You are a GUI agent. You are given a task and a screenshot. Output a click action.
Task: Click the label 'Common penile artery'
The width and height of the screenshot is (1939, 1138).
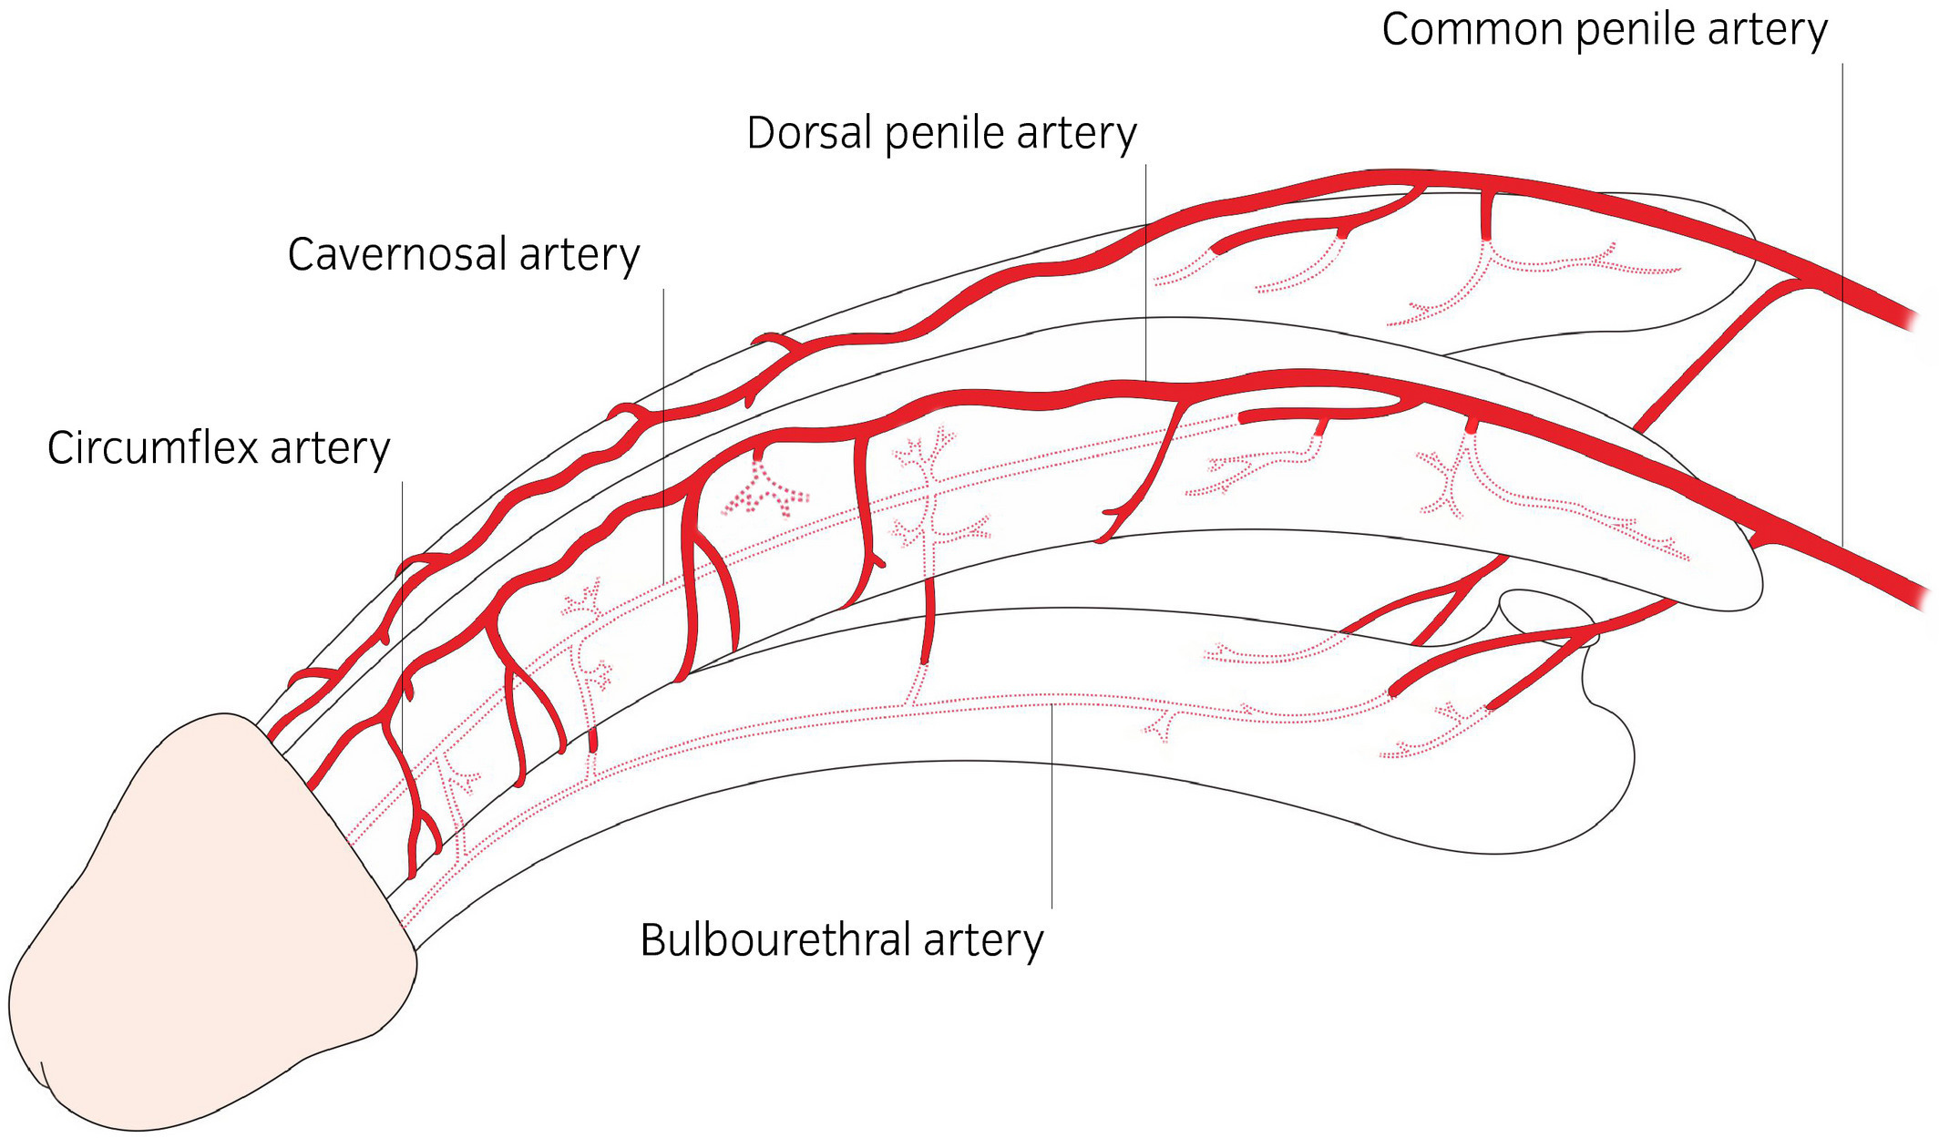tap(1604, 29)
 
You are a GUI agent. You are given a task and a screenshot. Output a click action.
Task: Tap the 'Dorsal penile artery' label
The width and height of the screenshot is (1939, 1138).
tap(941, 133)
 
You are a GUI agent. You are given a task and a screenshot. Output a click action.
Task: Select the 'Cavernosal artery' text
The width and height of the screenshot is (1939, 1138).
tap(463, 254)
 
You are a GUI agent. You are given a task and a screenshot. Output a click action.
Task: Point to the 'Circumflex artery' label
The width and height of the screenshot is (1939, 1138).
tap(219, 448)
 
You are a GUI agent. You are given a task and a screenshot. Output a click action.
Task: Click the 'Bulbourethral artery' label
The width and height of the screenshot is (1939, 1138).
tap(841, 939)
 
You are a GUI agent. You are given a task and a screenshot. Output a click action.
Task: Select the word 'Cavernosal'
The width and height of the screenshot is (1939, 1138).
tap(397, 254)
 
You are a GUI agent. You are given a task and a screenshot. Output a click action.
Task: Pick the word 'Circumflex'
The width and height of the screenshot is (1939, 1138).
tap(152, 448)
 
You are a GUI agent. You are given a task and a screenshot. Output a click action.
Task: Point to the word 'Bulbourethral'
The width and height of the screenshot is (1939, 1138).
tap(775, 939)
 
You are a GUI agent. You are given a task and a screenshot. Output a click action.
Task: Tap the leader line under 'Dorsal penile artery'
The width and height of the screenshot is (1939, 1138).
tap(1145, 273)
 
